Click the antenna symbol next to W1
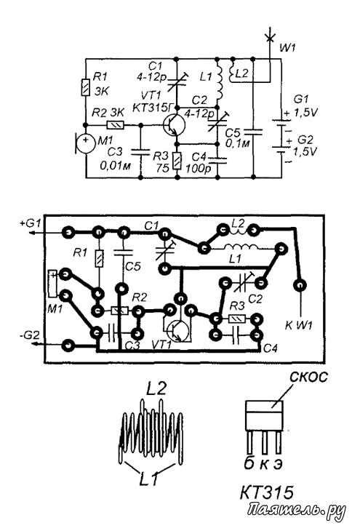[270, 36]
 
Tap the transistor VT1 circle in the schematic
[174, 124]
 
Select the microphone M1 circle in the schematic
[85, 143]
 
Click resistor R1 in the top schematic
[85, 87]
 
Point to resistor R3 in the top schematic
[177, 161]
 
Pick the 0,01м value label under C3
[115, 166]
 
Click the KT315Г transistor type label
[152, 108]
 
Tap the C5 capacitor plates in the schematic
[253, 132]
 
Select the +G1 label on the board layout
[31, 223]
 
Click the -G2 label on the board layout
[30, 336]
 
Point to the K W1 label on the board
[299, 326]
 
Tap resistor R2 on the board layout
[119, 311]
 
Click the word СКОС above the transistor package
[308, 376]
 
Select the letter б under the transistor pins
[249, 463]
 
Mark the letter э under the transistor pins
[278, 464]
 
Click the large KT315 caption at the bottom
[267, 492]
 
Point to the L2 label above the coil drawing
[156, 388]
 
